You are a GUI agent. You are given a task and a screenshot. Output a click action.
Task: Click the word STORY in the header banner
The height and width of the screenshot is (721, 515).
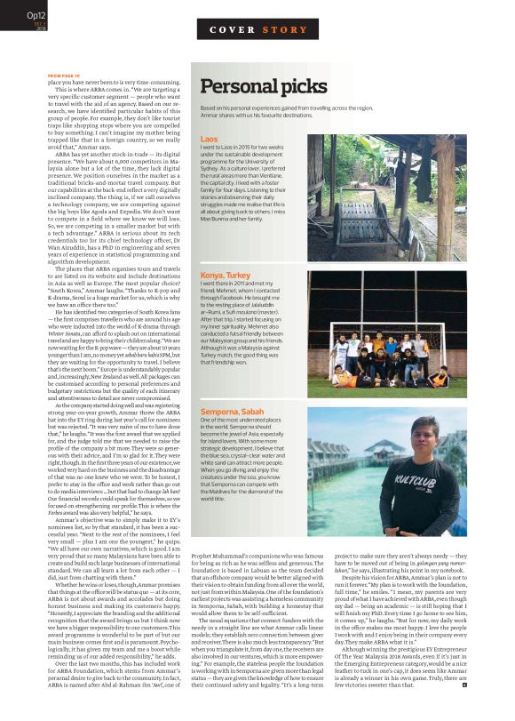coord(283,30)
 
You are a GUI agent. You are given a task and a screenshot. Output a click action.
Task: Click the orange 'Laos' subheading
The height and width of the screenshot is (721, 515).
coord(210,140)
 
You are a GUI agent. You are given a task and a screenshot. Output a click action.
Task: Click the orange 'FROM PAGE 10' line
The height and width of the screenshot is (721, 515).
coord(63,76)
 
